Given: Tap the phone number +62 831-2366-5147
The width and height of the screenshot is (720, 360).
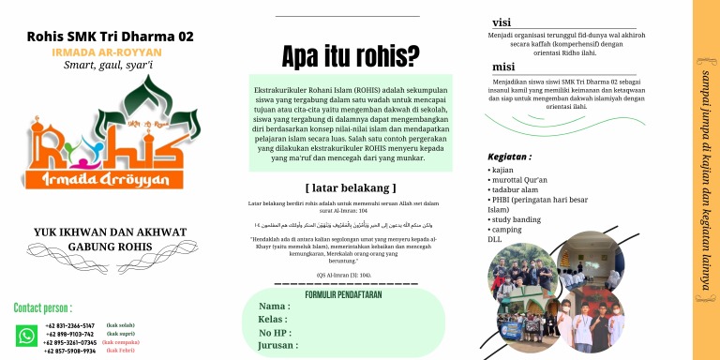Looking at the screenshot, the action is point(71,325).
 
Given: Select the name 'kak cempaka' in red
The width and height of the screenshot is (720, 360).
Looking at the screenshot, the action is point(120,342).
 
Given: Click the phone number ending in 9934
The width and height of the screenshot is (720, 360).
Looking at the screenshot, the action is point(70,351).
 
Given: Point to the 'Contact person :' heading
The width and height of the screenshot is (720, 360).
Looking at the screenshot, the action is point(43,307).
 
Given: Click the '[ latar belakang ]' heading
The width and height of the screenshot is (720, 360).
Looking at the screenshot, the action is point(351,187).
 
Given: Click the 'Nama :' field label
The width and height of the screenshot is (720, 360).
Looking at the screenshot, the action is point(274,307).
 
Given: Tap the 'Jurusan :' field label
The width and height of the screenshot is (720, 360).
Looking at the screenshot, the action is point(278,345).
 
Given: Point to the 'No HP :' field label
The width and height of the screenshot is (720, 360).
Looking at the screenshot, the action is point(277,332).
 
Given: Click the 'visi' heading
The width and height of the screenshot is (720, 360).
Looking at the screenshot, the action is point(502,22).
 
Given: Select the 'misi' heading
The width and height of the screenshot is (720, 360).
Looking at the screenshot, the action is point(503,67).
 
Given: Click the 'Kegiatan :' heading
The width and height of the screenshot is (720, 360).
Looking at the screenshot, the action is point(510,157).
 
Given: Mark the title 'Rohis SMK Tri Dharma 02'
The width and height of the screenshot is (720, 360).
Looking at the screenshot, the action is point(111,37).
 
